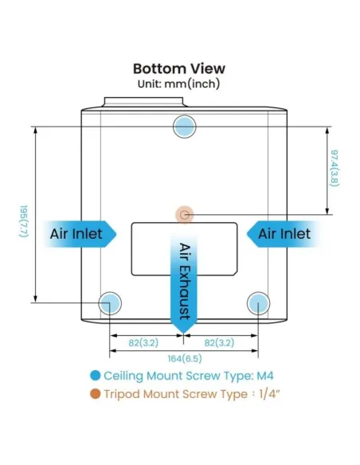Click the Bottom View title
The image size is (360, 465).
(179, 68)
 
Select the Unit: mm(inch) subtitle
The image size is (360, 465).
(179, 84)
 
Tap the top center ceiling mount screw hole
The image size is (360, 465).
(185, 127)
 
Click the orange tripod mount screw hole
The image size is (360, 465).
(185, 214)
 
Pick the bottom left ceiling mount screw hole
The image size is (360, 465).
(110, 303)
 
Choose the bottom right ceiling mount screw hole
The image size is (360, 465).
(258, 303)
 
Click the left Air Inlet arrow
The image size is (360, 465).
(80, 233)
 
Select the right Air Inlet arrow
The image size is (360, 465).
(284, 233)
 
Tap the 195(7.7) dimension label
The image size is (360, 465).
(24, 221)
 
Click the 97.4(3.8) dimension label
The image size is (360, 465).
(335, 168)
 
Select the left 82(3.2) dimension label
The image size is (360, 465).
(143, 343)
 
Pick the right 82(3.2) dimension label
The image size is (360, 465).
(219, 343)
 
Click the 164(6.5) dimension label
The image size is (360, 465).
(185, 359)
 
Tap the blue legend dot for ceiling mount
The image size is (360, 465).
(96, 376)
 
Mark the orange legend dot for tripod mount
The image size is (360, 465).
(96, 394)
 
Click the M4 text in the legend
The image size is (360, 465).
(264, 376)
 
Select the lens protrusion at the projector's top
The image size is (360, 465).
(144, 102)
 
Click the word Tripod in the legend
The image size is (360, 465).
(122, 395)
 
